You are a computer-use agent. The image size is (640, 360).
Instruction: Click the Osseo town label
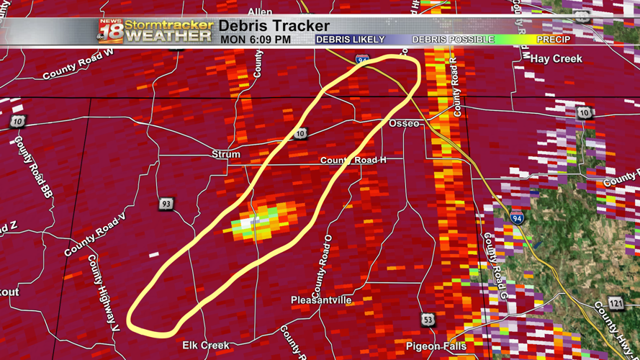pos(404,124)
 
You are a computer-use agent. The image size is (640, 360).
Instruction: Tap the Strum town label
pos(226,154)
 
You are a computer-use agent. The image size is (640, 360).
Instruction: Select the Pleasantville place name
pos(321,300)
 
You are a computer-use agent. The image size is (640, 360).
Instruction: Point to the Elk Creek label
pos(206,346)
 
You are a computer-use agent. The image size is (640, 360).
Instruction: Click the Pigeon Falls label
pos(436,346)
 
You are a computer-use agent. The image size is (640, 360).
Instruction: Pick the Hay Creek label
pos(556,59)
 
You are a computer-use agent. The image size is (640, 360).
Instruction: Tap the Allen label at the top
pos(261,12)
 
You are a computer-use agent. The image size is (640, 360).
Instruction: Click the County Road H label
pos(353,160)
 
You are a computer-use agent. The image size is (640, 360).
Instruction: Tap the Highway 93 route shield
pos(166,204)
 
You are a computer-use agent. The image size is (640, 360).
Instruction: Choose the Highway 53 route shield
pos(428,318)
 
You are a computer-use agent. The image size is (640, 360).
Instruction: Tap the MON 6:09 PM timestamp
pos(256,40)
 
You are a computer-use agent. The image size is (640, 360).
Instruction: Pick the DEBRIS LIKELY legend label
pos(350,40)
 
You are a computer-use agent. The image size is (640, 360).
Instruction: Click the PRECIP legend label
pos(554,40)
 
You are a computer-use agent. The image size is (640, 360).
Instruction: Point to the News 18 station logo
pos(110,31)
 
